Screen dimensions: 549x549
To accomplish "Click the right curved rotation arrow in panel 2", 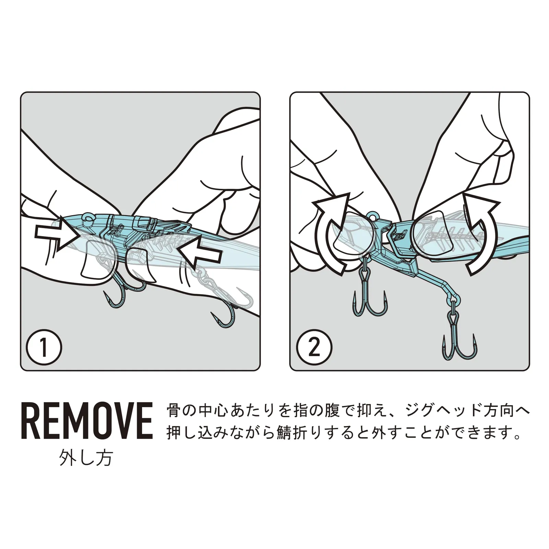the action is (x=480, y=233).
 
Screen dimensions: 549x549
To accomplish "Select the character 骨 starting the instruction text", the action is (x=174, y=411).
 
